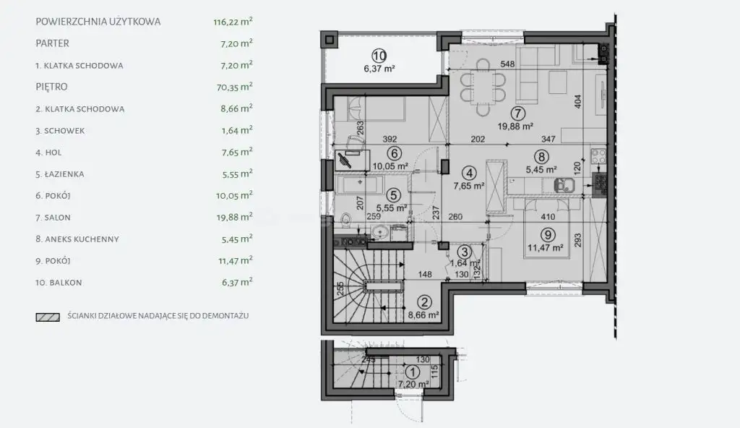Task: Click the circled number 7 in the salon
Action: pyautogui.click(x=517, y=114)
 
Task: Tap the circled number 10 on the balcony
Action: pyautogui.click(x=379, y=56)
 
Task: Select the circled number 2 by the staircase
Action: pyautogui.click(x=425, y=303)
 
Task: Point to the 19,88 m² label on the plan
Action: pyautogui.click(x=515, y=126)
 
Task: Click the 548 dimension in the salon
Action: pyautogui.click(x=507, y=64)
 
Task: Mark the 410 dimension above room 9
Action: pyautogui.click(x=548, y=217)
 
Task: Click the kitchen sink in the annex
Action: pyautogui.click(x=564, y=184)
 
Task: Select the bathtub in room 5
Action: pyautogui.click(x=361, y=184)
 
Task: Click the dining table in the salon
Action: pyautogui.click(x=483, y=87)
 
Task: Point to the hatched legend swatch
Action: pyautogui.click(x=48, y=317)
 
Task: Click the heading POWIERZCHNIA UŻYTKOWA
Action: pyautogui.click(x=98, y=22)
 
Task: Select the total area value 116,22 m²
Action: pyautogui.click(x=233, y=22)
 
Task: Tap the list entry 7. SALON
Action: pyautogui.click(x=53, y=218)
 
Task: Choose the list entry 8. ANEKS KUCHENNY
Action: pyautogui.click(x=77, y=239)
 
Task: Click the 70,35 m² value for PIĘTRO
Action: pyautogui.click(x=237, y=87)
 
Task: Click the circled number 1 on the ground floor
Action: pyautogui.click(x=412, y=372)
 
